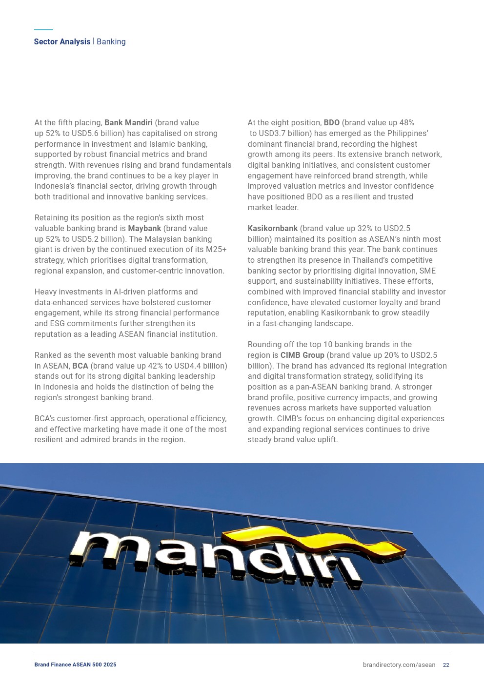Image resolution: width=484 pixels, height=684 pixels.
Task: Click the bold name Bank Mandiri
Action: [x=128, y=123]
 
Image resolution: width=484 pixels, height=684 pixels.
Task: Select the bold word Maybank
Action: [x=144, y=229]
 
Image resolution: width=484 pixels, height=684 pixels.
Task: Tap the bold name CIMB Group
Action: [x=302, y=355]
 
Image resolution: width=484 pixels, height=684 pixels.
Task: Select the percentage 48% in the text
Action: [x=406, y=123]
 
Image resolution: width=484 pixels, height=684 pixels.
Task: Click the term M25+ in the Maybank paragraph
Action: [x=216, y=250]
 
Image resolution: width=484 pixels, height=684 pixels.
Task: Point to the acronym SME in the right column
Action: [x=427, y=271]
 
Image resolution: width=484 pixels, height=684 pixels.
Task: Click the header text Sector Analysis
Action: [x=62, y=42]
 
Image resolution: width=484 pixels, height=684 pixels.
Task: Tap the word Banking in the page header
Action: [x=111, y=42]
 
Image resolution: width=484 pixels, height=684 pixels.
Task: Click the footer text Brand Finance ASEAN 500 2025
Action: [x=75, y=665]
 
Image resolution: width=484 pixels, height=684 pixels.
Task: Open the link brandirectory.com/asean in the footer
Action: [x=399, y=665]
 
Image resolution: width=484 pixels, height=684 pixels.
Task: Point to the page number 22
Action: [x=446, y=665]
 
